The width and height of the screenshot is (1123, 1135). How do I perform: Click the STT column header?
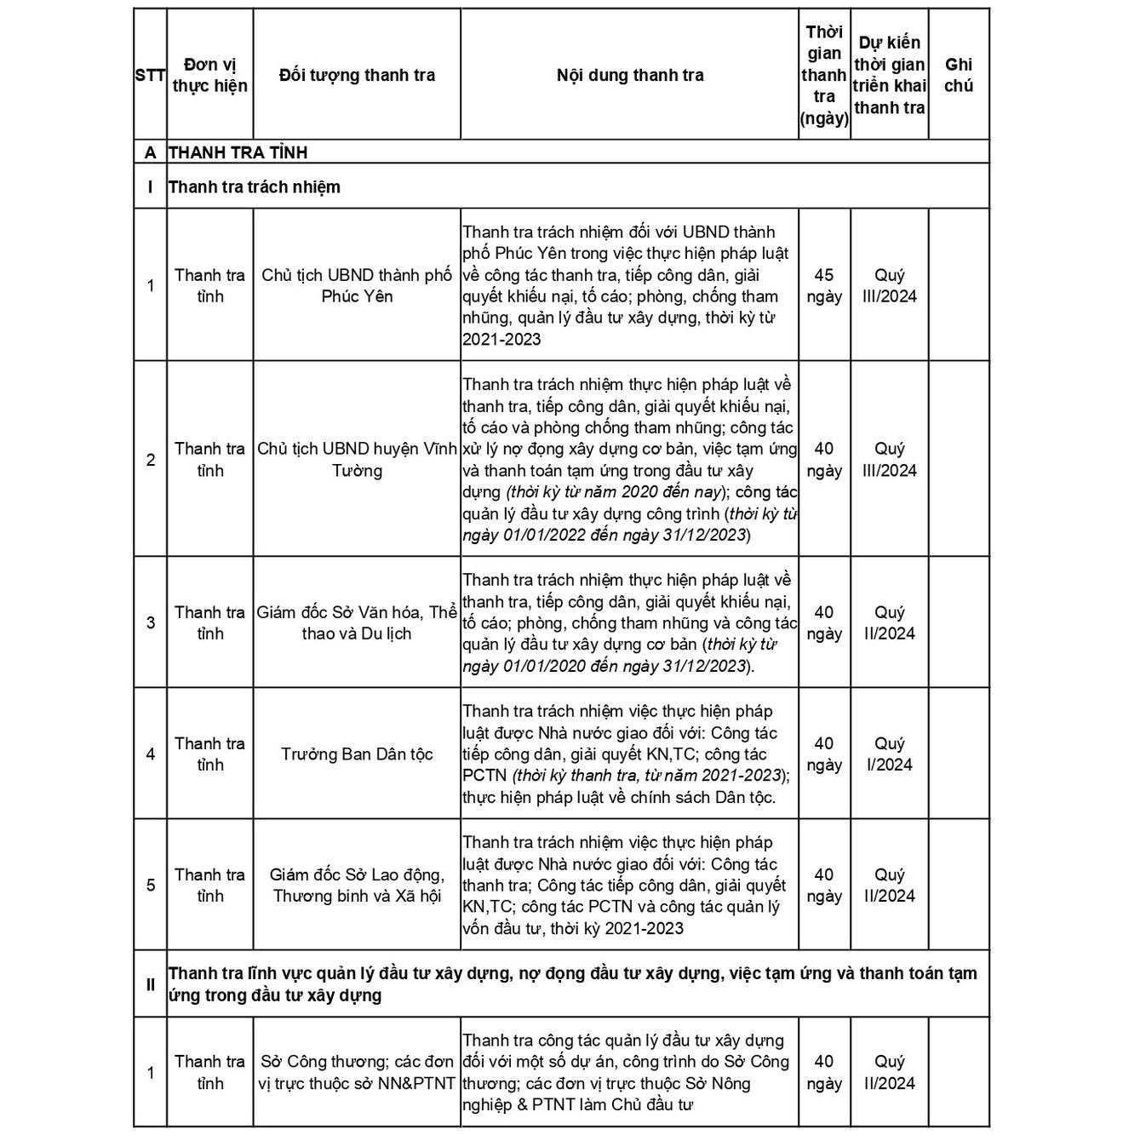point(150,75)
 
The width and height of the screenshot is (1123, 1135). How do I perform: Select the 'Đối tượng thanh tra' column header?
point(357,75)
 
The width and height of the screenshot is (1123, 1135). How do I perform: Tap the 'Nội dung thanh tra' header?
point(630,75)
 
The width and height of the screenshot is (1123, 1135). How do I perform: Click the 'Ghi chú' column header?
point(958,75)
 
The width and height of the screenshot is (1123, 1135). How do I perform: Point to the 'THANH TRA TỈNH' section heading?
point(238,152)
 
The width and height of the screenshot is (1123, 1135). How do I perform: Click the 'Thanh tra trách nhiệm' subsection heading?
point(254,186)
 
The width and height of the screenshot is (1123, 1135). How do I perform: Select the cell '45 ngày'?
point(823,285)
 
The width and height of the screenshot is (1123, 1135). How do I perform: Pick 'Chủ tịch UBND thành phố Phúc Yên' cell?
point(357,285)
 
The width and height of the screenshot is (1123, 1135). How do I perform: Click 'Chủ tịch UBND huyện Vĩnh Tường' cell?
point(357,459)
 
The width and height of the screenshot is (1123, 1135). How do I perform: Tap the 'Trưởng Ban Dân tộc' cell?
point(357,754)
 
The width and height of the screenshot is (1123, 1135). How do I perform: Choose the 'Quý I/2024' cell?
point(889,754)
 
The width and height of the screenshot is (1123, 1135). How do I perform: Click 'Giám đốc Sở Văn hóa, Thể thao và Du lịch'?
point(357,622)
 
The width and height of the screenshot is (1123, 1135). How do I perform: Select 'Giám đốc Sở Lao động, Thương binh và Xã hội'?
point(357,885)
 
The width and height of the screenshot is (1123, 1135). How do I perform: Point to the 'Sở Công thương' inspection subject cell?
point(357,1072)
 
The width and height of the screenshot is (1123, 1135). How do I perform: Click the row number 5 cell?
point(151,885)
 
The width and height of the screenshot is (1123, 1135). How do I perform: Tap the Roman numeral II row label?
point(151,984)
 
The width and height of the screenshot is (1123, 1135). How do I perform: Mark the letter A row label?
point(151,152)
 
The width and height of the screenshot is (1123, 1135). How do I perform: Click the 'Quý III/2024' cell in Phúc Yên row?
point(889,285)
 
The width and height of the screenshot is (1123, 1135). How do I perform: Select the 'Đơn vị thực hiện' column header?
point(209,75)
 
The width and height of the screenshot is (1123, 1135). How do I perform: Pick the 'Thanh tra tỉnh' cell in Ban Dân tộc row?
point(209,754)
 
